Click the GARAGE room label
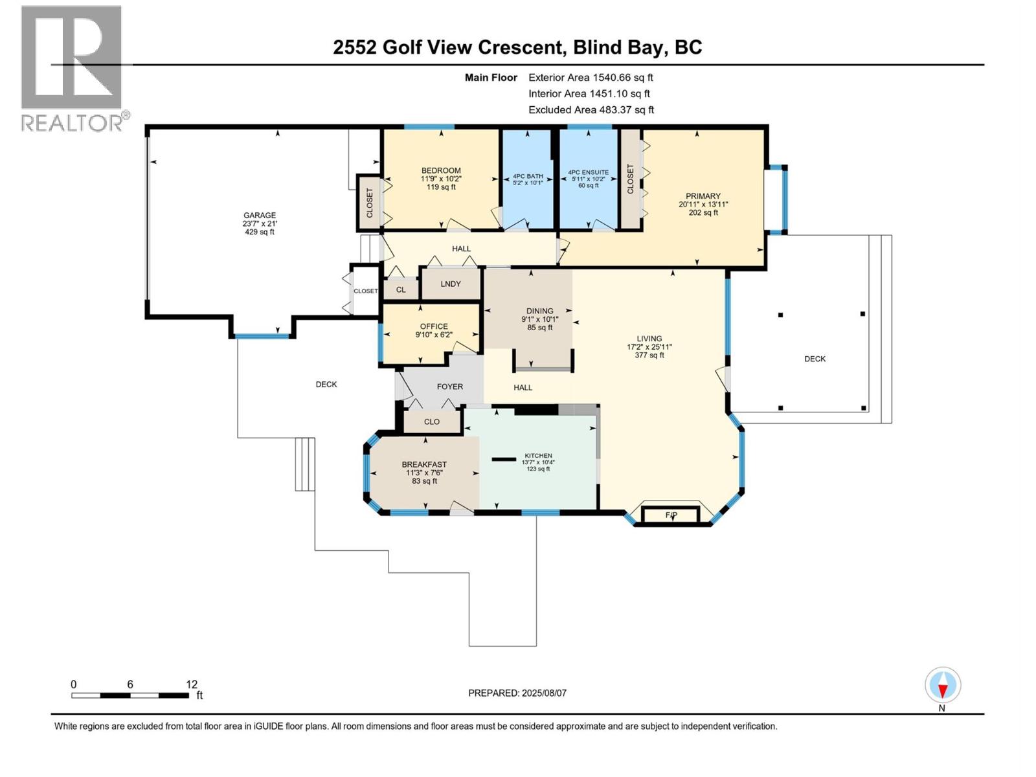259,216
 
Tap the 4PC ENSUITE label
588,173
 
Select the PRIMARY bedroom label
703,196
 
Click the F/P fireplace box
671,515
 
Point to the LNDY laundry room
451,284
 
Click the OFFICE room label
433,326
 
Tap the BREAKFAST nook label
424,464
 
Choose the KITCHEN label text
538,456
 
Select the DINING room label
539,311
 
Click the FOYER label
449,387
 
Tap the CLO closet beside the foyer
432,422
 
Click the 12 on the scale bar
192,684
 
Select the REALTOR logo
73,68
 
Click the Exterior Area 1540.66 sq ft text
591,77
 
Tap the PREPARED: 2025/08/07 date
517,693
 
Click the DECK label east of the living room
815,359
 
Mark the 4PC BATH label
528,176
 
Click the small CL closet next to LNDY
401,289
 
